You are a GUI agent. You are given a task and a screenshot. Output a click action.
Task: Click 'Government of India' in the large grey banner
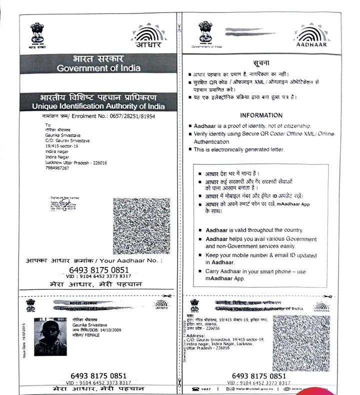pyautogui.click(x=99, y=68)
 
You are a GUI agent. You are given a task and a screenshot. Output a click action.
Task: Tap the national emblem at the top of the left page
pyautogui.click(x=37, y=34)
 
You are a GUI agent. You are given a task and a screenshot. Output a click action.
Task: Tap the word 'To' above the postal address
pyautogui.click(x=48, y=124)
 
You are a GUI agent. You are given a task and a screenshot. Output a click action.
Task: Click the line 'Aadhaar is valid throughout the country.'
pyautogui.click(x=254, y=230)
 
